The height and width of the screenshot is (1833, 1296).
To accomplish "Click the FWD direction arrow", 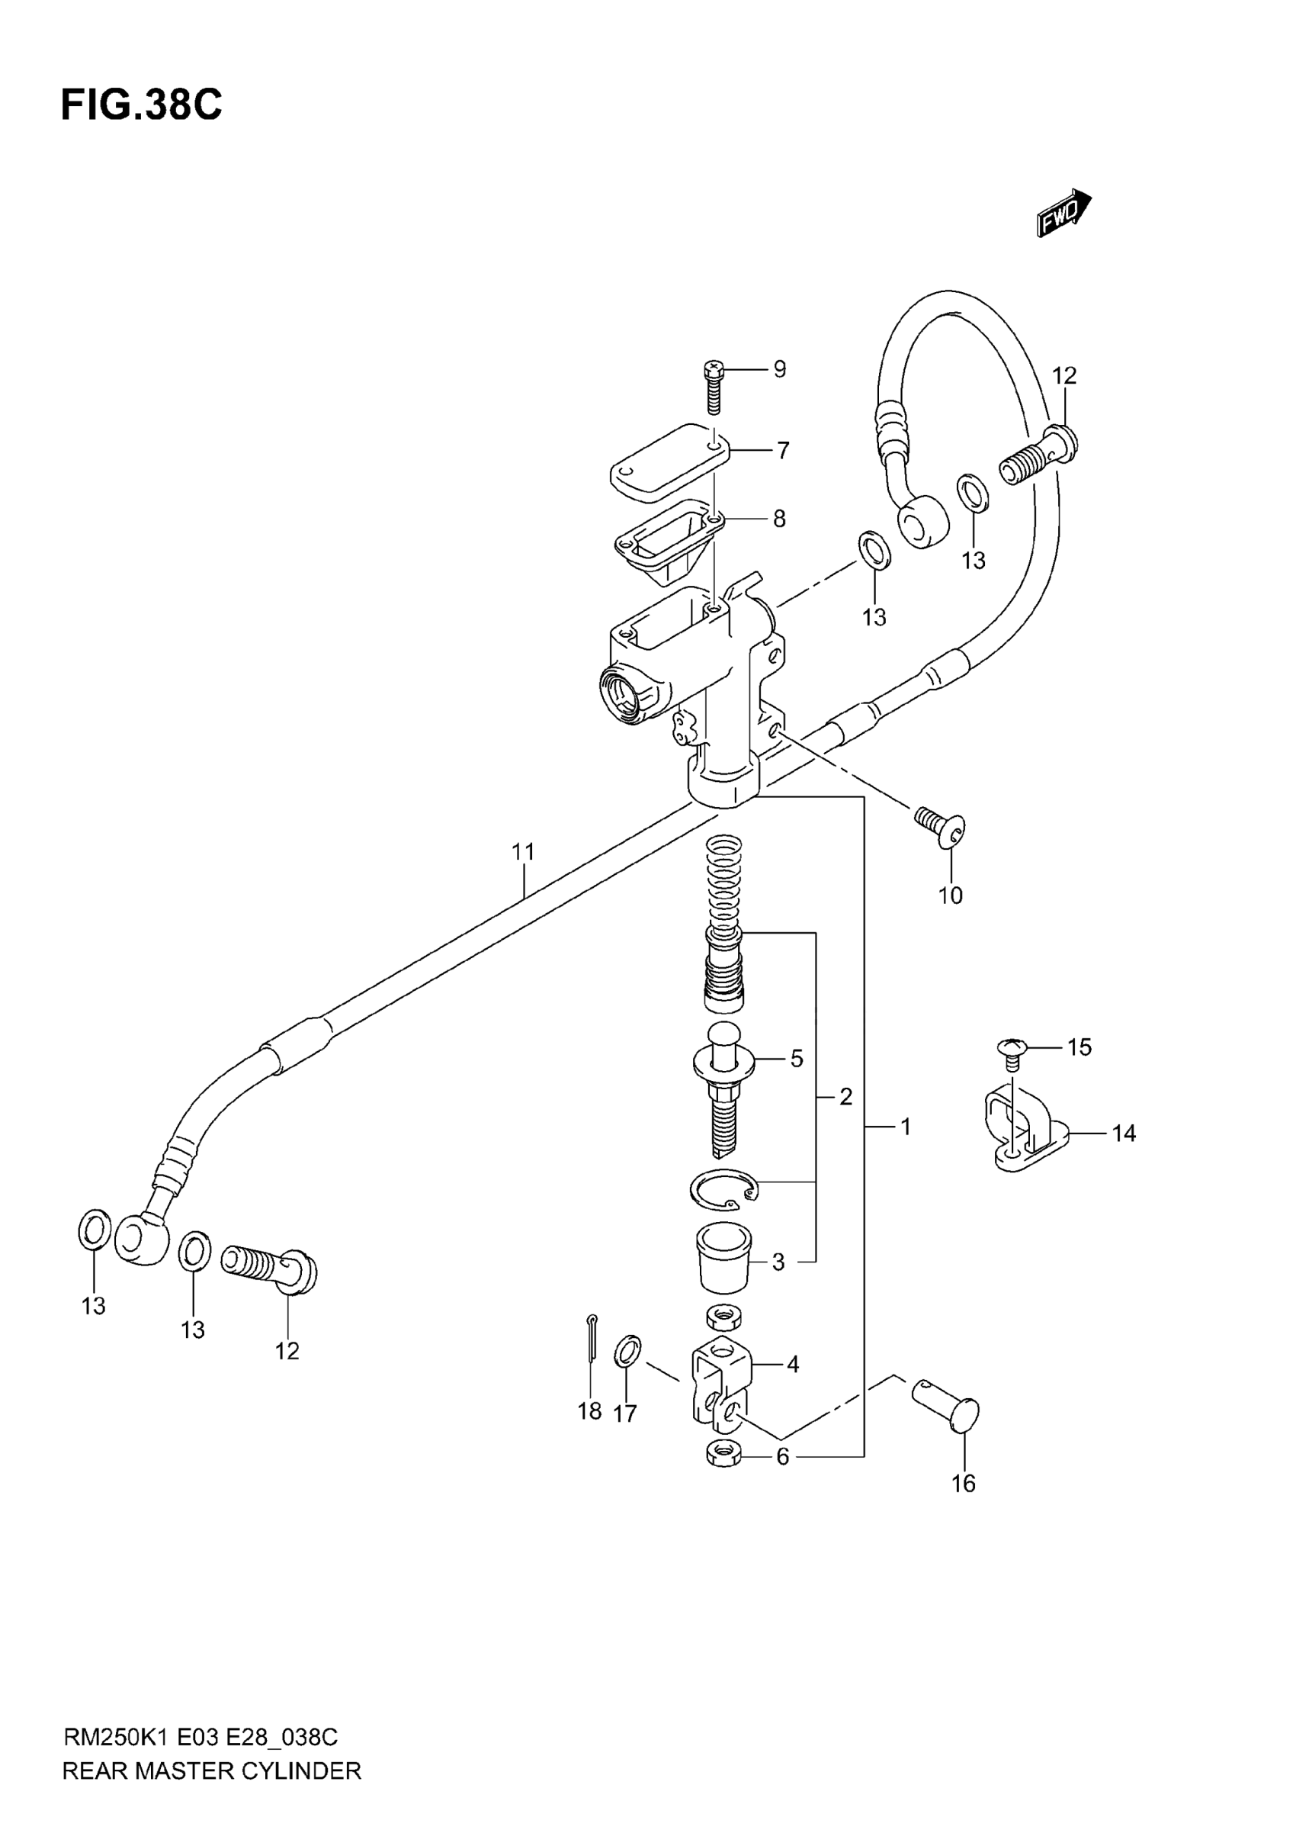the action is point(1064,212).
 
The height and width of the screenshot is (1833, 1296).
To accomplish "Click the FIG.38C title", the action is point(142,105).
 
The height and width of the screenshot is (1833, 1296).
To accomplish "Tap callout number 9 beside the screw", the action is point(780,369).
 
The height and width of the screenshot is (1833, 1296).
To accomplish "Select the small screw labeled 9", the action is point(714,388).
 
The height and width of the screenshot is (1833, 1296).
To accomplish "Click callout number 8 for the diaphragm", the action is point(780,519).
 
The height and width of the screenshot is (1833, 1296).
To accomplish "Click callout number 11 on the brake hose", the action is point(523,852).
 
